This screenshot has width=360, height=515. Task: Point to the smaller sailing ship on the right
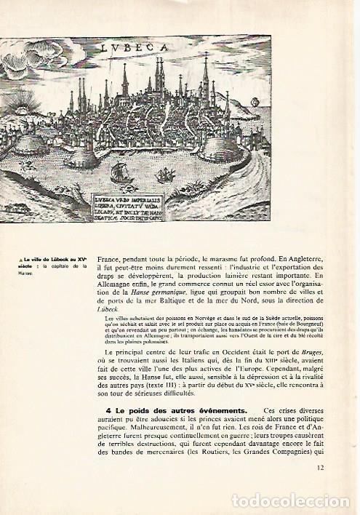pos(166,175)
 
